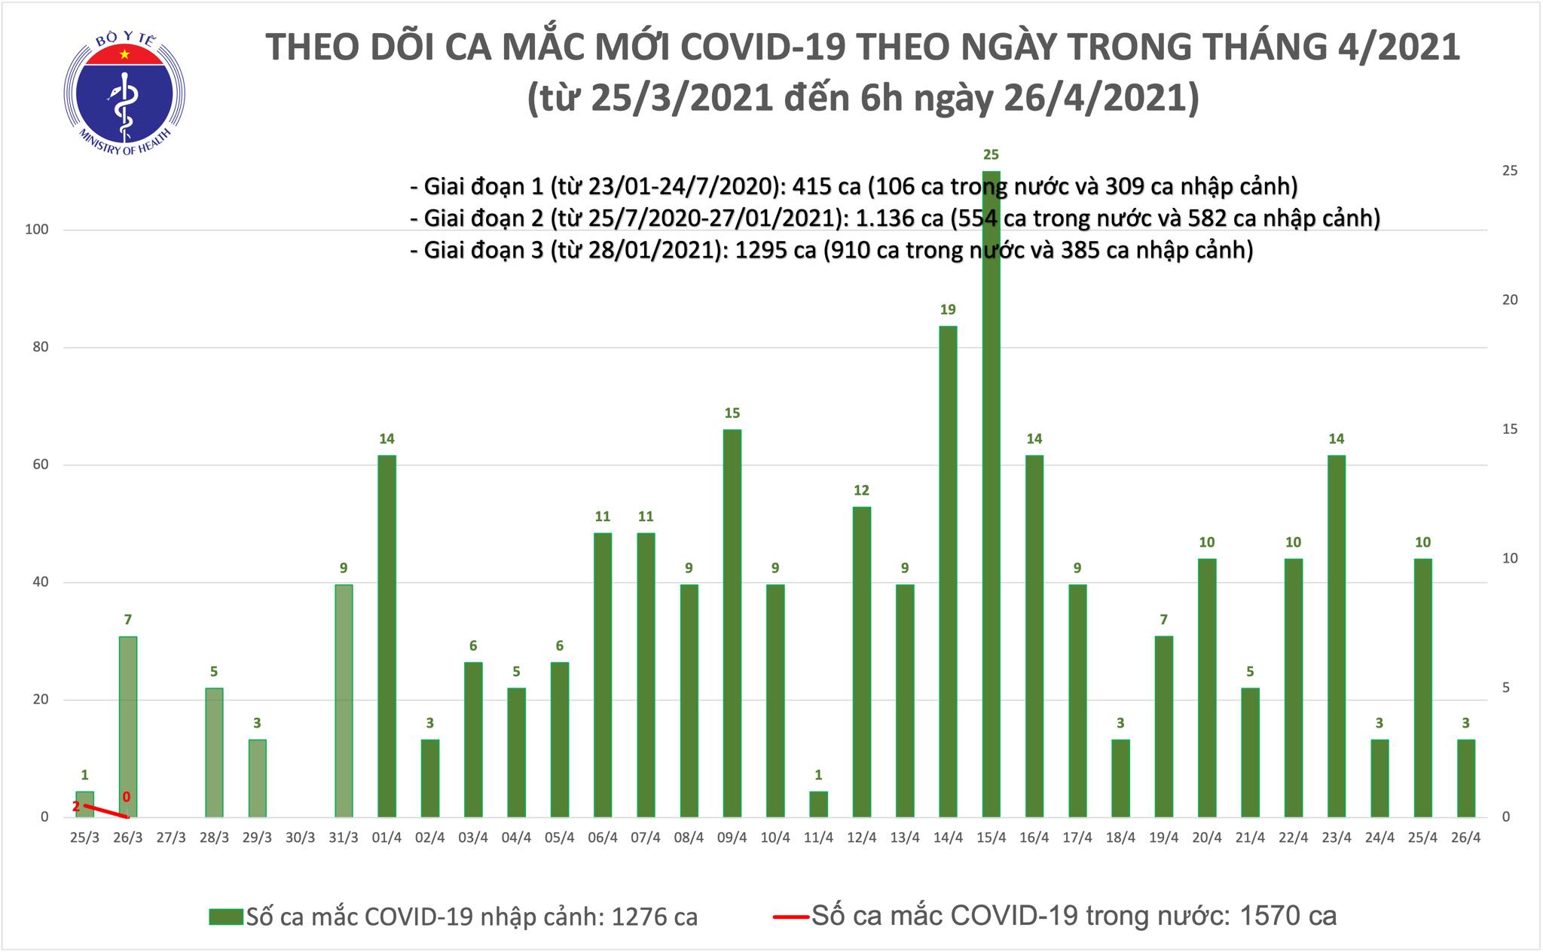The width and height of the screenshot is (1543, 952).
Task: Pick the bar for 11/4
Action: point(818,804)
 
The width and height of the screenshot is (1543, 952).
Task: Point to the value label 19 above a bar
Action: point(948,310)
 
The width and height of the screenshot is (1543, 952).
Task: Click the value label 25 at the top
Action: point(991,155)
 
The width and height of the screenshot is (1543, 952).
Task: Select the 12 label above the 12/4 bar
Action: point(861,491)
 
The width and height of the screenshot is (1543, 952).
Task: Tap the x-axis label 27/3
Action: point(171,838)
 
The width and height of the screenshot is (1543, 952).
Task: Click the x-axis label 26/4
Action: point(1465,838)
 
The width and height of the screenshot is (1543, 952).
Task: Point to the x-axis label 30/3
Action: point(301,838)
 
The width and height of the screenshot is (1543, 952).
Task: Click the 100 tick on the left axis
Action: point(37,230)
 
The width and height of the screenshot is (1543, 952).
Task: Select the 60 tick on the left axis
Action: point(40,465)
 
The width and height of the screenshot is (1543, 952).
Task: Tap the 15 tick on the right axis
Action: point(1510,429)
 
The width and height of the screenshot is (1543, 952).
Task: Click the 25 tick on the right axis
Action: point(1510,171)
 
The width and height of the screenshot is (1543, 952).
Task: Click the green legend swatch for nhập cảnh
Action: point(226,917)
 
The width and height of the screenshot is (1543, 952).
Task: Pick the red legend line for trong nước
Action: point(791,917)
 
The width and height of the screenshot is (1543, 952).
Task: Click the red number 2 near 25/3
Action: point(76,807)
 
